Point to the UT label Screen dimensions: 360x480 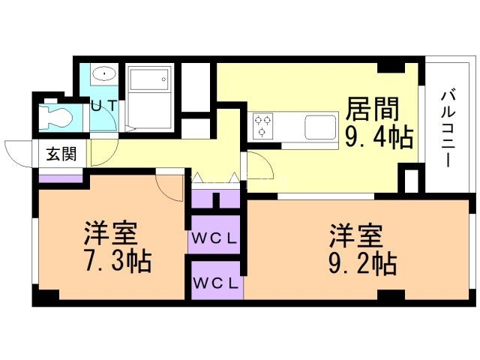[103, 106]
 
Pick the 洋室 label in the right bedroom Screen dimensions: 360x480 [355, 235]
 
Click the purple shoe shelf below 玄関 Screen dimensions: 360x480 [61, 178]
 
